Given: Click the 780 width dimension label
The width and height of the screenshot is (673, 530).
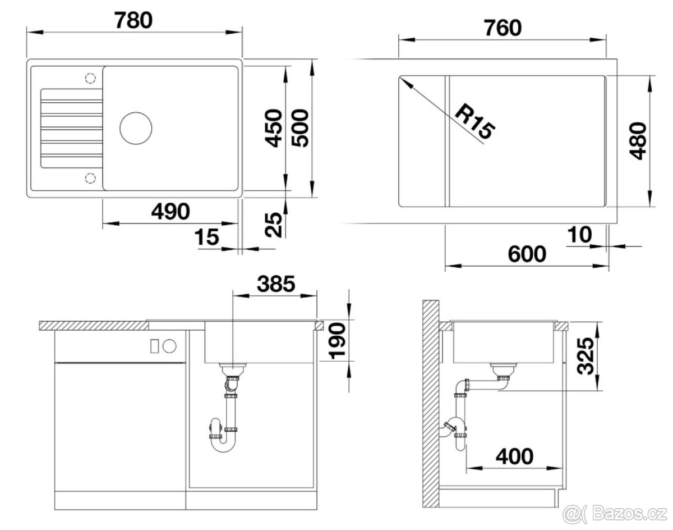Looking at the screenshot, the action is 133,21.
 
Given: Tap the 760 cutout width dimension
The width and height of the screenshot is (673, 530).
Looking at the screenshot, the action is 503,28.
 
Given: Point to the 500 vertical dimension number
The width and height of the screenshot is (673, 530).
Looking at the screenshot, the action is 300,128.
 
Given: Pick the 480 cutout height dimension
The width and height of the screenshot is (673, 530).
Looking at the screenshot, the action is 638,141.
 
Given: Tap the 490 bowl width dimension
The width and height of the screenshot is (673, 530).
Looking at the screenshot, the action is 170,212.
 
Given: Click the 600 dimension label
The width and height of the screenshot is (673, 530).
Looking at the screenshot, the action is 527,254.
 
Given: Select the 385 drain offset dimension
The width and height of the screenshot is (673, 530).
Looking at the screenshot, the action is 276,284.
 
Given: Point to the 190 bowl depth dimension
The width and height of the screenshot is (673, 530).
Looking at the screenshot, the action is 337,341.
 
